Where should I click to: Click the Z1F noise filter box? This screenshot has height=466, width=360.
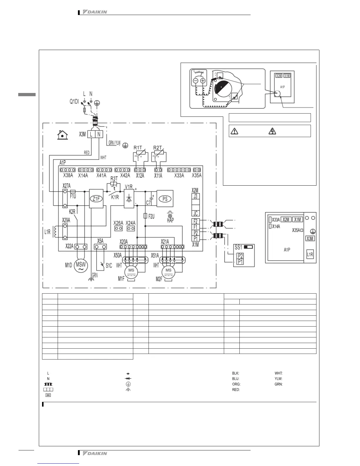96,199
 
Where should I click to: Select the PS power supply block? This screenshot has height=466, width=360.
165,199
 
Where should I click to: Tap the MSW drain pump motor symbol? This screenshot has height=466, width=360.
81,265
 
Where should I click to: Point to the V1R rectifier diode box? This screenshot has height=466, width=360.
129,199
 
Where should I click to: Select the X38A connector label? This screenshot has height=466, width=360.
68,176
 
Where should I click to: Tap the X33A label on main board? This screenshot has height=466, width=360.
179,176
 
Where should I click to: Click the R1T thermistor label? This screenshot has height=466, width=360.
138,148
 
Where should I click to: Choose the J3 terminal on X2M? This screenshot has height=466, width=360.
196,196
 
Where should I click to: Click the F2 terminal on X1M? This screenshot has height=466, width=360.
196,222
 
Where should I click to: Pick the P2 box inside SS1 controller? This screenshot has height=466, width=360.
240,256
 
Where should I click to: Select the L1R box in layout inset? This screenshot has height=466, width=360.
310,254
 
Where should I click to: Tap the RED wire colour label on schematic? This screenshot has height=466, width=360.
87,153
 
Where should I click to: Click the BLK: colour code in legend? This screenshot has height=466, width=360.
235,373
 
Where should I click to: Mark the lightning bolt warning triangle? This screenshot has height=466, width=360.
272,132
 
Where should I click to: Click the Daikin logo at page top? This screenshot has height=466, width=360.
95,12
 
